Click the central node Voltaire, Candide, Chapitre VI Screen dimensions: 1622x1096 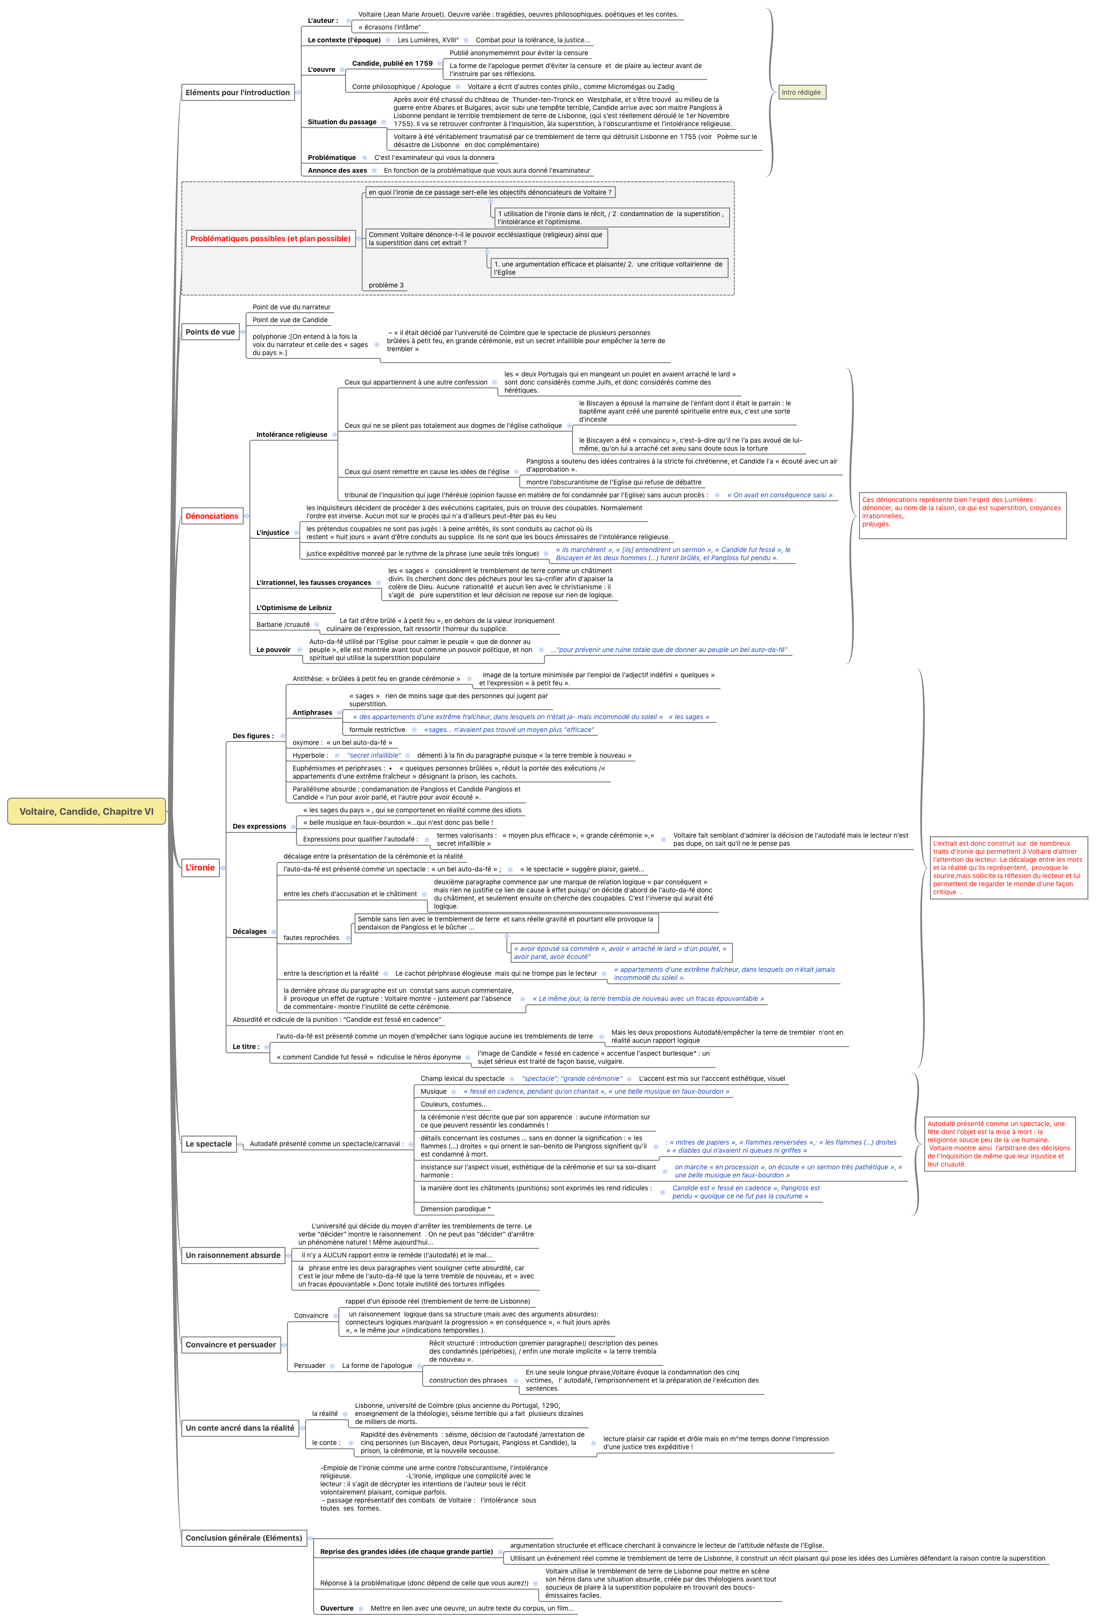[x=87, y=811]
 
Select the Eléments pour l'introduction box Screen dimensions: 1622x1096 [x=237, y=92]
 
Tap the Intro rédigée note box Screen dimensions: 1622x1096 [x=801, y=92]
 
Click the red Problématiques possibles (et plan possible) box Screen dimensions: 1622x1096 [x=270, y=239]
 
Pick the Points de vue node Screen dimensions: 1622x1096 [x=210, y=332]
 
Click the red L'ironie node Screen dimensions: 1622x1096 [x=200, y=868]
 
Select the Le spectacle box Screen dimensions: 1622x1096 [x=209, y=1143]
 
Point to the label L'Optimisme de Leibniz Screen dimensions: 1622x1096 [x=294, y=608]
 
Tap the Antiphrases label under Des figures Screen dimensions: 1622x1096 [x=312, y=712]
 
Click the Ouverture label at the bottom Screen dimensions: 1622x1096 [x=336, y=1608]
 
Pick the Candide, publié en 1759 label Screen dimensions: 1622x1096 [x=392, y=63]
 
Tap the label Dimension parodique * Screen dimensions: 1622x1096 [x=455, y=1209]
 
